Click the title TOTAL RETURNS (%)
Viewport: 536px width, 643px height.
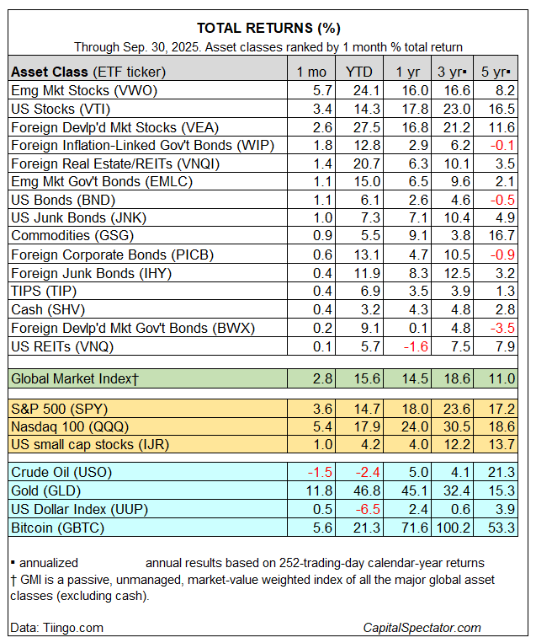click(x=268, y=27)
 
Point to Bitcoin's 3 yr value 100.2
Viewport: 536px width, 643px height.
click(x=451, y=528)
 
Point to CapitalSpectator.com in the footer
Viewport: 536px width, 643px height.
click(x=422, y=628)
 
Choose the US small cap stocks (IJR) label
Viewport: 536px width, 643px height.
click(x=83, y=444)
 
